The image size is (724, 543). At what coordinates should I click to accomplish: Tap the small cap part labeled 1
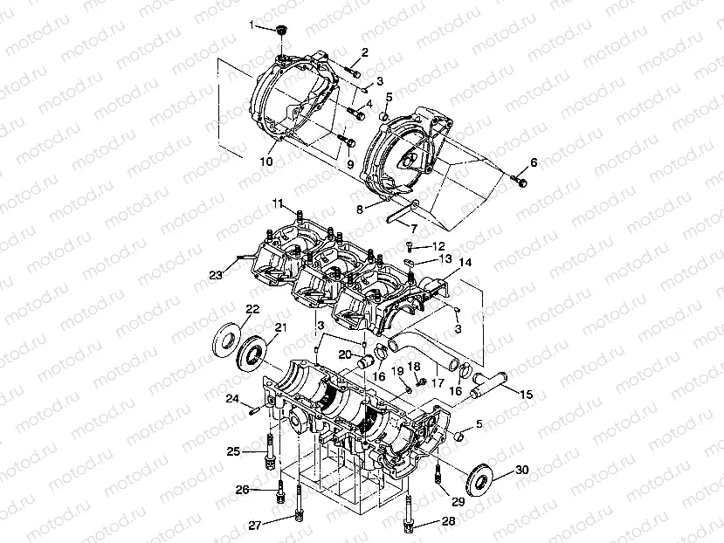click(x=280, y=32)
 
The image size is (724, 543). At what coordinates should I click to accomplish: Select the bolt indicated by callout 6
click(x=521, y=182)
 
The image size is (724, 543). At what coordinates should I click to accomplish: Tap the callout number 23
click(x=215, y=276)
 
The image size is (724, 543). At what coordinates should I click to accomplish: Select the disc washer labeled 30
click(x=480, y=479)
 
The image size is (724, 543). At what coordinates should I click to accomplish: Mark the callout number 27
click(x=254, y=525)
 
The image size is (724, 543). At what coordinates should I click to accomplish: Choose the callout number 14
click(x=465, y=262)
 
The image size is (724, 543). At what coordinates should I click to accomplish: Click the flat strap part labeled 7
click(x=400, y=209)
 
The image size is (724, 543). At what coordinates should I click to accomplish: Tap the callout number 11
click(x=277, y=204)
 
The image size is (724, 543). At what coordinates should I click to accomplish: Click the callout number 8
click(x=358, y=209)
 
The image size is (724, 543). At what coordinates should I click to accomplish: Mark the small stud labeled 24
click(x=254, y=408)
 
